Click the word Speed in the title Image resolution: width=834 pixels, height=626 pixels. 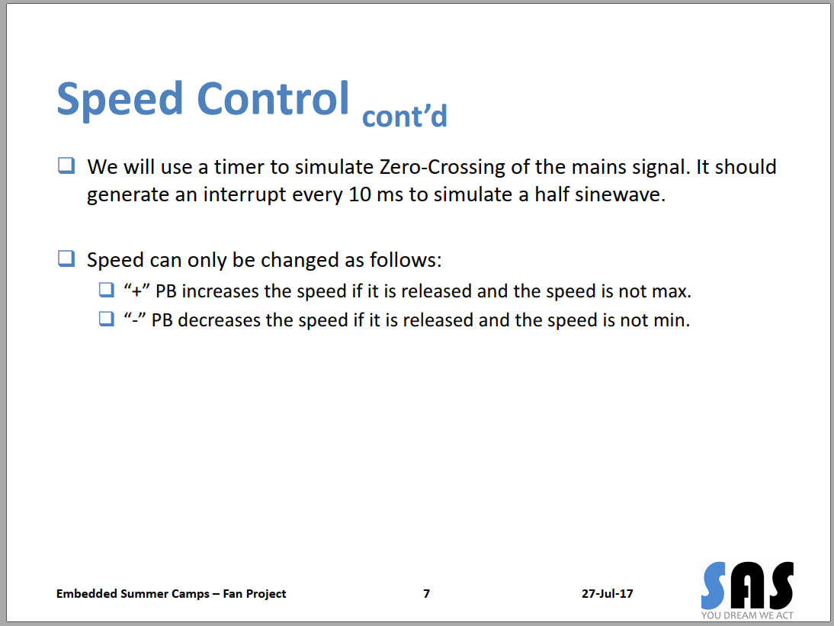pos(120,100)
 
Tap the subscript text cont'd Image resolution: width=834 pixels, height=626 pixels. pos(405,116)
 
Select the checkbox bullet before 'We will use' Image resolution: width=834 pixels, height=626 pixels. pos(66,165)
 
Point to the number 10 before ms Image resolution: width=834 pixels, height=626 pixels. pos(360,194)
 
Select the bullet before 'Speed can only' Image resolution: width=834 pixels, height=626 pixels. pos(66,258)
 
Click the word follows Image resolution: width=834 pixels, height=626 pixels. pos(406,259)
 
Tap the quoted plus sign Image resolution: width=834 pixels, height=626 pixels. pos(136,291)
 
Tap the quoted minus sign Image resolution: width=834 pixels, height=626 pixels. pos(135,319)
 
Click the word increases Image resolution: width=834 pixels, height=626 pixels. pos(220,291)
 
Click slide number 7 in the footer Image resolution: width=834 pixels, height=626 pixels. pos(427,593)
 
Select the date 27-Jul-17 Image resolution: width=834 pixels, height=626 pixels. pos(608,593)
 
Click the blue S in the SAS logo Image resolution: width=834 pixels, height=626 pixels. pos(714,586)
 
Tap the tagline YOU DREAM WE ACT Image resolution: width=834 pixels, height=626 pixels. pos(747,615)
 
